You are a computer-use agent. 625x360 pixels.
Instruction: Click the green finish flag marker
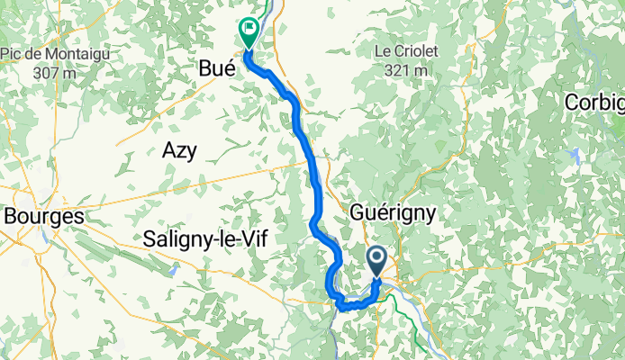click(247, 31)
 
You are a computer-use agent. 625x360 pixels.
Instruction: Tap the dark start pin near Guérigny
click(376, 263)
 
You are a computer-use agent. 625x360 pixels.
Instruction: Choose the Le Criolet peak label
click(406, 51)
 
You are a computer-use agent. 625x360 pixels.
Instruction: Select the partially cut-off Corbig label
click(595, 103)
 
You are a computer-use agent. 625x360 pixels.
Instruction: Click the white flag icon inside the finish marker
click(247, 28)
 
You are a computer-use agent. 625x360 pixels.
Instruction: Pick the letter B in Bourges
click(11, 216)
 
